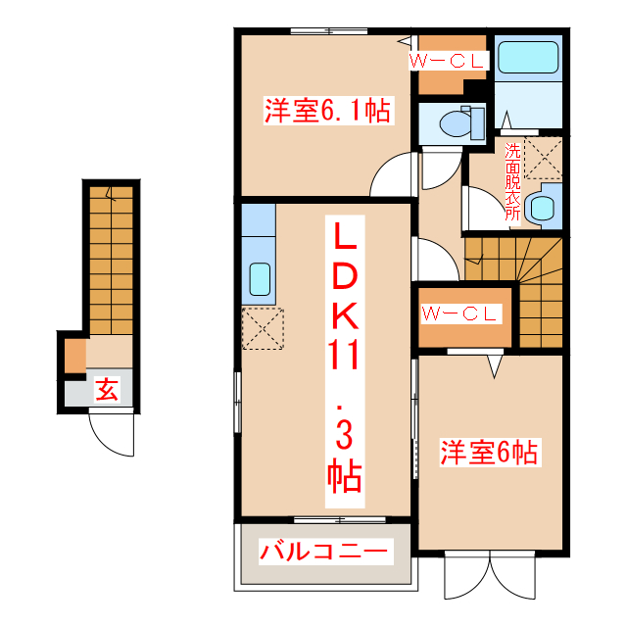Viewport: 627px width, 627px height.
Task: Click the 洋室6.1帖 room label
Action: tap(328, 111)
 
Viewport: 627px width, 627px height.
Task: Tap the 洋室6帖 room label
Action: tap(490, 453)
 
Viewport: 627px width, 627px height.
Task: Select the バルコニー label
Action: tap(325, 552)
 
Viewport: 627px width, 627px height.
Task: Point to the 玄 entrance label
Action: tap(107, 390)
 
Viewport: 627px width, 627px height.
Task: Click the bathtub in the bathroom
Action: tap(528, 57)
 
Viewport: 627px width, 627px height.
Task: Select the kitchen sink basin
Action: tap(260, 279)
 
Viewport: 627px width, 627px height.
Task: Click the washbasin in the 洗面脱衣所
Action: tap(542, 207)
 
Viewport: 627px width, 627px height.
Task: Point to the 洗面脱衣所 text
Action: tap(512, 182)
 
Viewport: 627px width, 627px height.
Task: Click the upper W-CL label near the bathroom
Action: tap(448, 61)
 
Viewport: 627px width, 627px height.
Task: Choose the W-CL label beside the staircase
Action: tap(461, 313)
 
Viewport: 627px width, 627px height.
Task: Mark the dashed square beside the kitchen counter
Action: tap(263, 329)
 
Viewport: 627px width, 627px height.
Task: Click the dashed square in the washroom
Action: tap(544, 158)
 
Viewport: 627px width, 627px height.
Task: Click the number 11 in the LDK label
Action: tap(344, 355)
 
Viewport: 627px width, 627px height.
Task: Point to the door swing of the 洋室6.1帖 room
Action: tap(384, 169)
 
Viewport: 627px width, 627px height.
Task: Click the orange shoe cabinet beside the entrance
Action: tap(75, 356)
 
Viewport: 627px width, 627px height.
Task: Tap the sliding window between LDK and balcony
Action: tap(340, 520)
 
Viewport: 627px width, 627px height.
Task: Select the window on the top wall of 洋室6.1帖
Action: tap(329, 31)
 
